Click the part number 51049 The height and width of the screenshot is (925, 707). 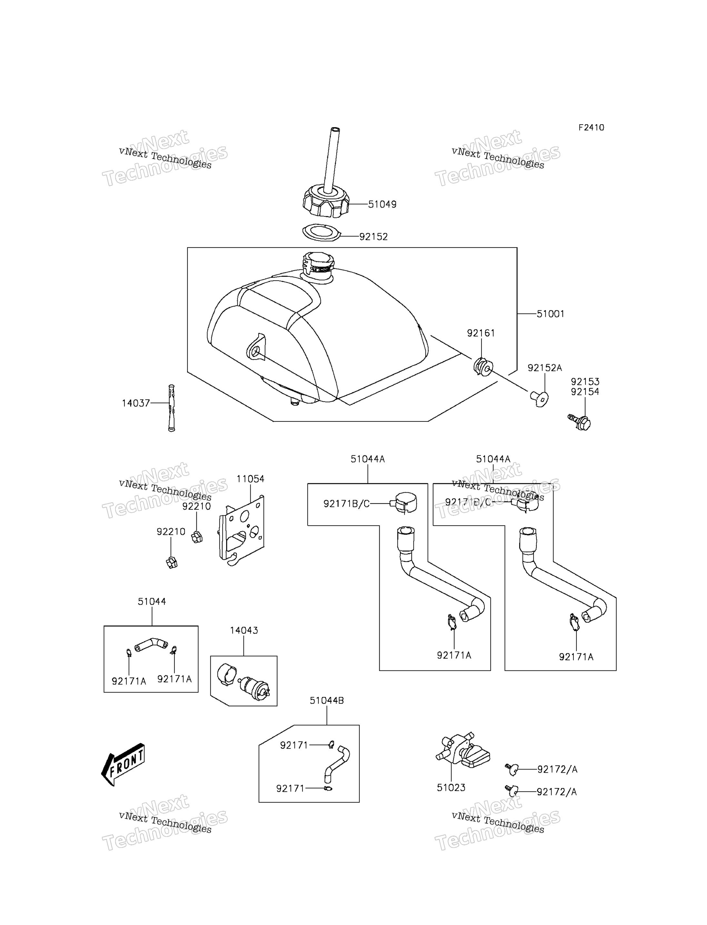click(382, 204)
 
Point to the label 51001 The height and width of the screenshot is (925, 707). click(551, 314)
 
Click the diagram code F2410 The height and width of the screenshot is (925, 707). click(591, 127)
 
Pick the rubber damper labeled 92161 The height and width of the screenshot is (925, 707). click(483, 366)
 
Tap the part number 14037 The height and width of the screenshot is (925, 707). click(136, 403)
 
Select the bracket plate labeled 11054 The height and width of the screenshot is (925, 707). click(242, 530)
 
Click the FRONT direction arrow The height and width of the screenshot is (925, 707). click(123, 764)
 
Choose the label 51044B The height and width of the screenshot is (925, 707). click(326, 700)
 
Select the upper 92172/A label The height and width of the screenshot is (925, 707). click(557, 769)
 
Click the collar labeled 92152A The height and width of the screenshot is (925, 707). click(539, 397)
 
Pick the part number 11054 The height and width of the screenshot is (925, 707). click(250, 479)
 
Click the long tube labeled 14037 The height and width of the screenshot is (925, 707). click(171, 408)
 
